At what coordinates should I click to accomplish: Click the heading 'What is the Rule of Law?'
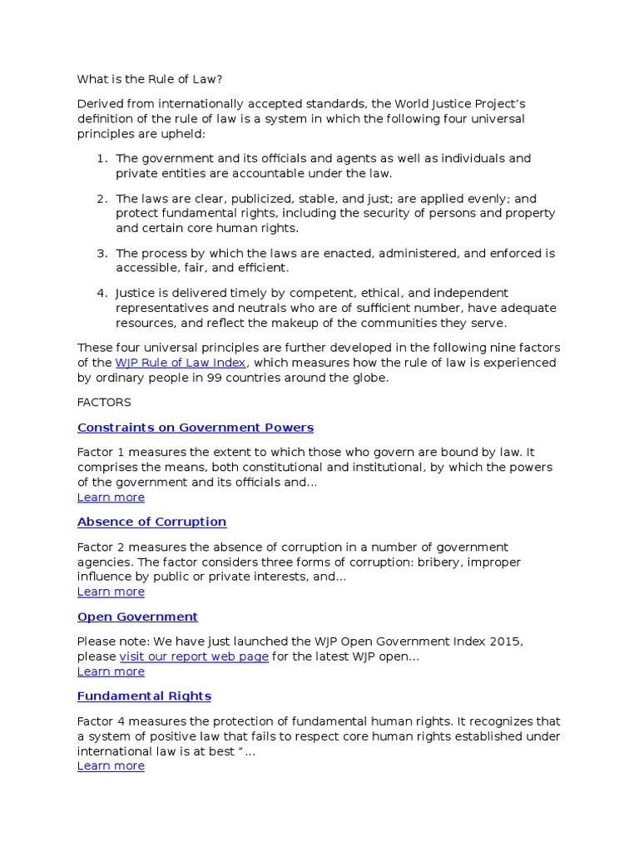pos(150,79)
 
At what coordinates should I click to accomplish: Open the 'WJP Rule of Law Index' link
pos(181,363)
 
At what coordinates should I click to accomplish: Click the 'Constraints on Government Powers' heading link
pos(196,428)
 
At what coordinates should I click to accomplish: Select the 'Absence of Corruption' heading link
pos(151,522)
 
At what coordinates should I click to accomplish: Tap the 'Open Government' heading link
pos(137,617)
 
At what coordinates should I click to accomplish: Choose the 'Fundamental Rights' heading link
pos(144,696)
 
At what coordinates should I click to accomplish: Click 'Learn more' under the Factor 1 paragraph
pos(111,498)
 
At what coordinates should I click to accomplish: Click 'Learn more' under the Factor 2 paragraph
pos(111,592)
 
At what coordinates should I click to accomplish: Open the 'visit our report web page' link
pos(194,656)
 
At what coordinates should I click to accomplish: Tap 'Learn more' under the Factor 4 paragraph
pos(111,765)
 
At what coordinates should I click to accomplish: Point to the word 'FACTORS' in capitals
pos(104,403)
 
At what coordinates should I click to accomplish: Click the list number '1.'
pos(102,158)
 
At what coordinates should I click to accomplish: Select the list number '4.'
pos(102,293)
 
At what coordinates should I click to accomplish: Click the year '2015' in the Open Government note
pos(506,641)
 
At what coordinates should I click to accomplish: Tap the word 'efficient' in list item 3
pos(261,268)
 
